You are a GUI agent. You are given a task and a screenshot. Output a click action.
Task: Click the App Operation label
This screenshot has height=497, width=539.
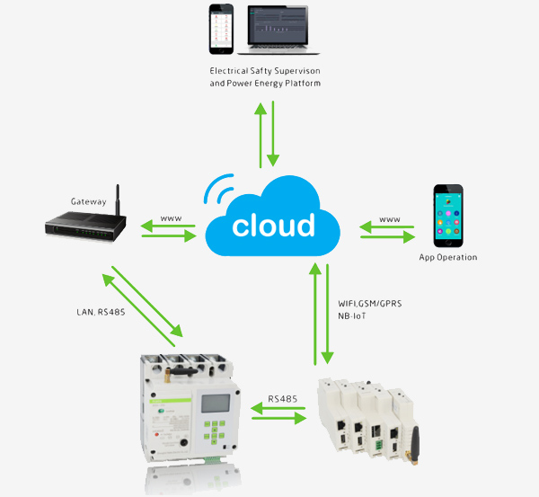448,257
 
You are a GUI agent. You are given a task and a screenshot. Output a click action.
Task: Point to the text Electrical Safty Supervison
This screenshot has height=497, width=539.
265,70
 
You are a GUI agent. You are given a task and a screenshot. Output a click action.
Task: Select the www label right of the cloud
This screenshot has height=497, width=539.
389,218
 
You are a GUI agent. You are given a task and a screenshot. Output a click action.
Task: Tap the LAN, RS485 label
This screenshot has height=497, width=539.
102,313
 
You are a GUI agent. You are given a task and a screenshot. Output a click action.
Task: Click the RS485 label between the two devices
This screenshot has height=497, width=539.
284,398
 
